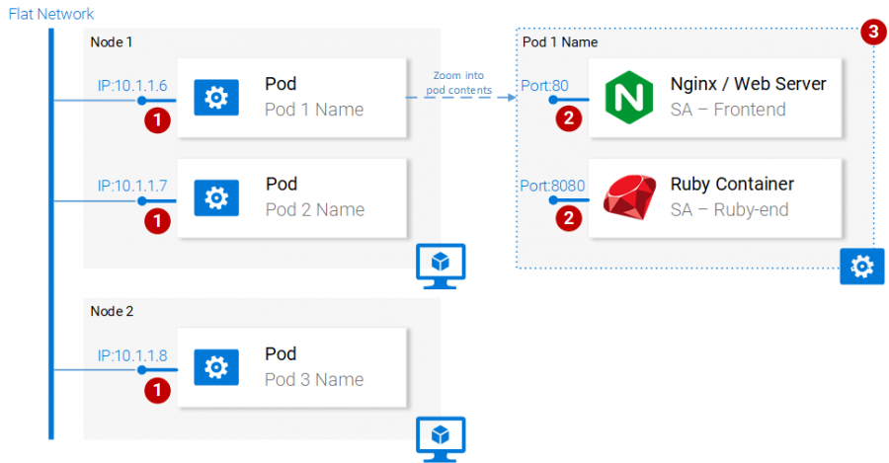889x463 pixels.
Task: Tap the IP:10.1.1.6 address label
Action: click(x=131, y=86)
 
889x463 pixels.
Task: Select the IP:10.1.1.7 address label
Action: click(x=131, y=186)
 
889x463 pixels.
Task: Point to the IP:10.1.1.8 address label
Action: click(x=131, y=355)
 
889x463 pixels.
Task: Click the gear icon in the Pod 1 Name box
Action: click(x=215, y=97)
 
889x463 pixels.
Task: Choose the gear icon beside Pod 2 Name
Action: click(x=215, y=197)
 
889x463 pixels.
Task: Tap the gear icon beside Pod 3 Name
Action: click(x=215, y=367)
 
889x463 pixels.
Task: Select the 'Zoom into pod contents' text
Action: click(x=456, y=83)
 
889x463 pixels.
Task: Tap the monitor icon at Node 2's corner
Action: click(x=441, y=433)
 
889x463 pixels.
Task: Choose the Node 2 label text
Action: click(x=111, y=311)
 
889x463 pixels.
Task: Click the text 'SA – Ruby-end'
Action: click(x=728, y=209)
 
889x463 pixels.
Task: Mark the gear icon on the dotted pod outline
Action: click(x=861, y=266)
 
